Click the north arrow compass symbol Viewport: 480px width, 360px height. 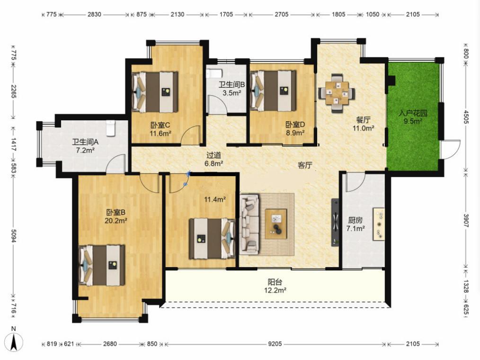[x=13, y=342]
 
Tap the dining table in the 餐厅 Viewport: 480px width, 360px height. [x=337, y=93]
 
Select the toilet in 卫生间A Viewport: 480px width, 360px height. [x=110, y=128]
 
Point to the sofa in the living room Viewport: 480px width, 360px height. [x=249, y=225]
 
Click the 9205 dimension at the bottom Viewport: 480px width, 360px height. [x=275, y=344]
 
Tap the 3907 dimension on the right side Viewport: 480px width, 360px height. [x=466, y=220]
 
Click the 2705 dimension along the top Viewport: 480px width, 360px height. [x=281, y=14]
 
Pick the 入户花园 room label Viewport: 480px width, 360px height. [x=413, y=113]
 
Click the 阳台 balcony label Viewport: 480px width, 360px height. [x=275, y=282]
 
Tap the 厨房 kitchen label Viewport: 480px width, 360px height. [x=356, y=220]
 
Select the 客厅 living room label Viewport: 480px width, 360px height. [x=305, y=165]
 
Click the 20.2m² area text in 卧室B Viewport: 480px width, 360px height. [x=116, y=221]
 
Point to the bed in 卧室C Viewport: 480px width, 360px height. [x=155, y=92]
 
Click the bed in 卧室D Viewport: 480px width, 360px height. [x=273, y=90]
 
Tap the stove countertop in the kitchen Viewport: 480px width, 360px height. [x=378, y=224]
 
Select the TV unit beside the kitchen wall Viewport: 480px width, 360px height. [x=335, y=223]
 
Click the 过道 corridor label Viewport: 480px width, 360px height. [x=213, y=155]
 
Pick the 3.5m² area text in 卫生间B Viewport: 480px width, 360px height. [x=232, y=92]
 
